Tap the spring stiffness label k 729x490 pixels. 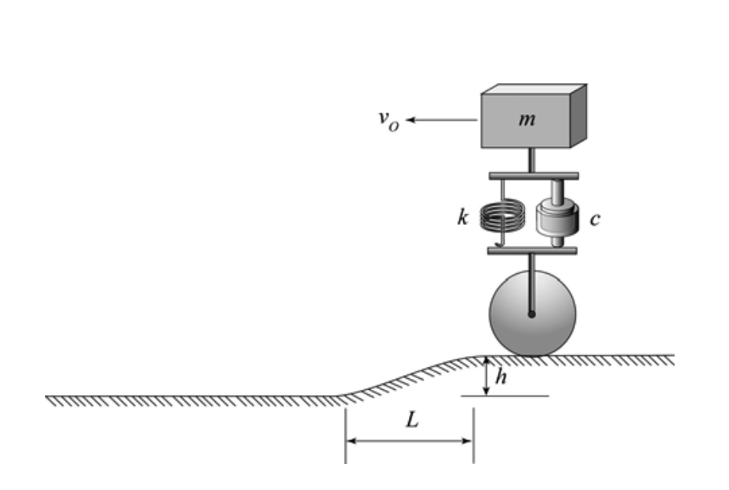(461, 219)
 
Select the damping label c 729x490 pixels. (595, 219)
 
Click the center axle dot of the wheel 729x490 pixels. (531, 312)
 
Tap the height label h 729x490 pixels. (502, 377)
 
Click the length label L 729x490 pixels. (411, 422)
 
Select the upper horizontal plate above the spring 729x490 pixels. (532, 177)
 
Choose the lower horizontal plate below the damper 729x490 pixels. (532, 250)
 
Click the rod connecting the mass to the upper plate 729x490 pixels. (531, 161)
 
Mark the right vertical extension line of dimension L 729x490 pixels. (472, 436)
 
